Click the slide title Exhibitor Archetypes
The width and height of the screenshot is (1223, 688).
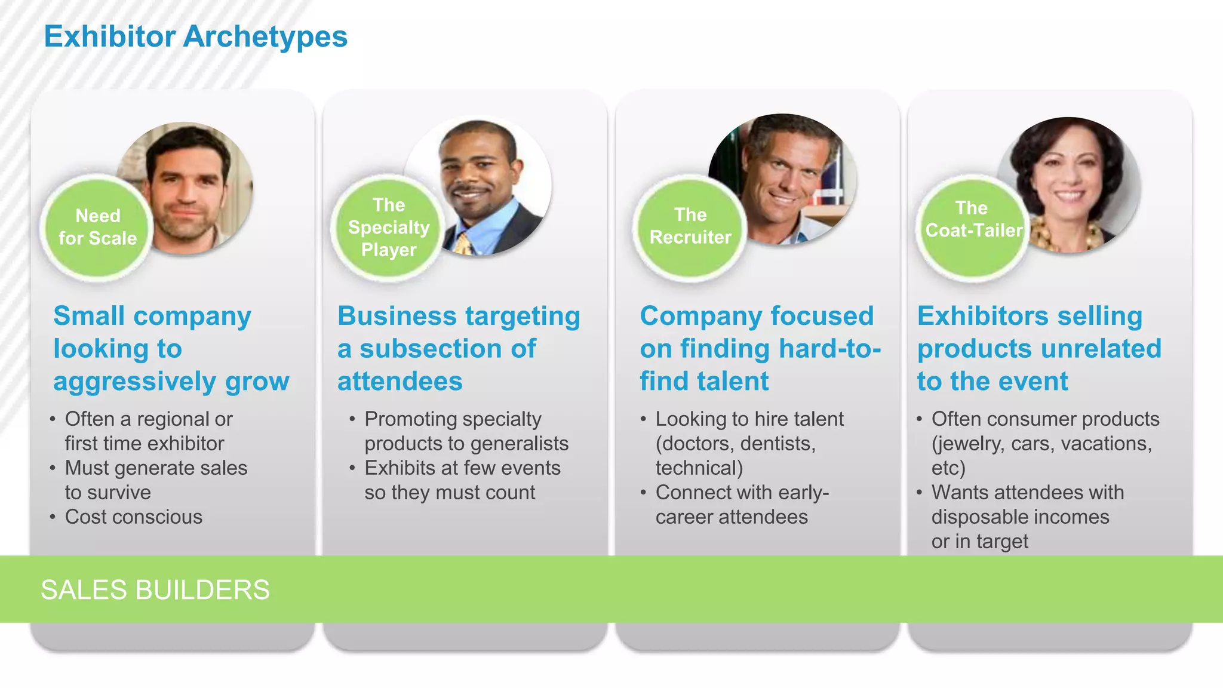coord(195,36)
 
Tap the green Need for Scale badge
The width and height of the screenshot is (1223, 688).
coord(97,228)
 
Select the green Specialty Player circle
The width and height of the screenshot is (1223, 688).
coord(388,228)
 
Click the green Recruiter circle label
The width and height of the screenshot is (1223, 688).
coord(690,226)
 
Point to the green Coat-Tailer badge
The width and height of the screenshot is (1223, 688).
coord(973,220)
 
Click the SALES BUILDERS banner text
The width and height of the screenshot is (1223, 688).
coord(155,589)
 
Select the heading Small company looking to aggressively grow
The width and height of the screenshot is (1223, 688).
coord(171,348)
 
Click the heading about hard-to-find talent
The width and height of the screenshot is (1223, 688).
coord(760,348)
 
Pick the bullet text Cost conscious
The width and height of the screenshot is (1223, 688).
coord(134,517)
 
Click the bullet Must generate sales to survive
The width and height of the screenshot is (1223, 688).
coord(156,480)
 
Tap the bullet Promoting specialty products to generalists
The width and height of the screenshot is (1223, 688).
coord(466,431)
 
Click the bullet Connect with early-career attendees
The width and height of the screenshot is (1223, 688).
coord(742,504)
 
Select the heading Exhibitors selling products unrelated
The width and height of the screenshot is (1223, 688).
coord(1039,348)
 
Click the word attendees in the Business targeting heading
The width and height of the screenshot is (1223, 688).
coord(400,381)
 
